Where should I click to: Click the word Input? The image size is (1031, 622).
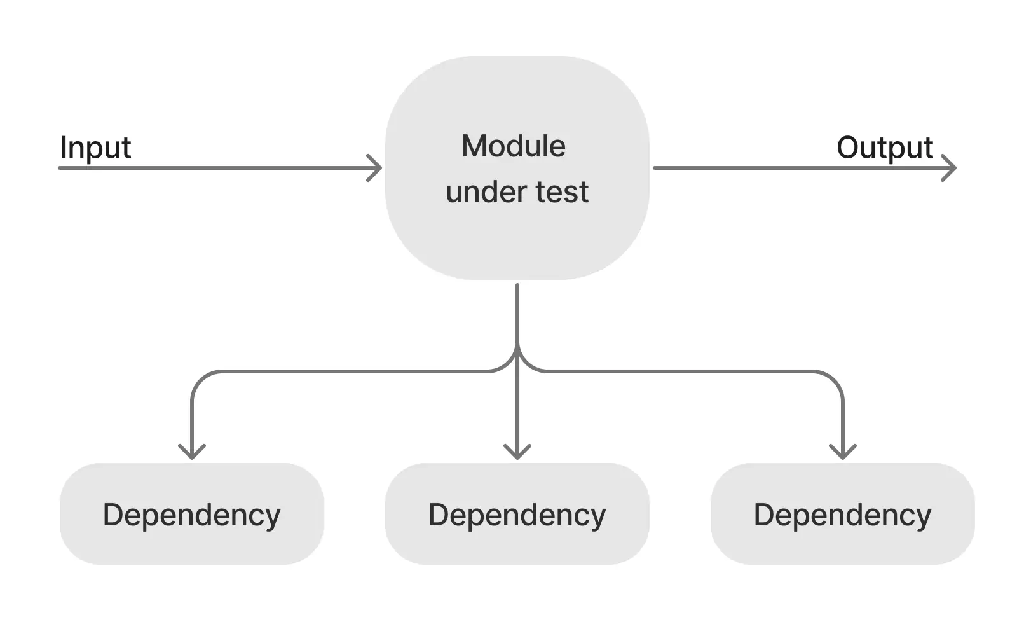[x=95, y=148]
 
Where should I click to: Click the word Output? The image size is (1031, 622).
[x=884, y=148]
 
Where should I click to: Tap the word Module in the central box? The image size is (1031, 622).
[x=513, y=146]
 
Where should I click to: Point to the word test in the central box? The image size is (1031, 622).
[x=562, y=192]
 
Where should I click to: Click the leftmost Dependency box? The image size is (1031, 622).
[x=191, y=514]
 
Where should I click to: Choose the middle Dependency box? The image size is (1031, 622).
[x=517, y=514]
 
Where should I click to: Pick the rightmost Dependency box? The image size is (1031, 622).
[x=842, y=514]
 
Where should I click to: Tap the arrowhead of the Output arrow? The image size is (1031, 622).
[x=952, y=168]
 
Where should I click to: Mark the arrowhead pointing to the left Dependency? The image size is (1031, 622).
[x=191, y=453]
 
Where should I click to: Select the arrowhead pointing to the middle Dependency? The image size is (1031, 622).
[x=517, y=453]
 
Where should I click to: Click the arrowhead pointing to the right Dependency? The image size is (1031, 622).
[x=843, y=453]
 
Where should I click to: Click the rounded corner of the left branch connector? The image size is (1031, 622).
[x=199, y=379]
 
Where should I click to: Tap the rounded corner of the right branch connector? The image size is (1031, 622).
[x=835, y=379]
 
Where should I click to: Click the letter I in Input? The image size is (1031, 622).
[x=64, y=148]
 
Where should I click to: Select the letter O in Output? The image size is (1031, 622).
[x=849, y=148]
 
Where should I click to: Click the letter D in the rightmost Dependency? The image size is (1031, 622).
[x=765, y=515]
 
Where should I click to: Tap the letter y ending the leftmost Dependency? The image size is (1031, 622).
[x=272, y=518]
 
